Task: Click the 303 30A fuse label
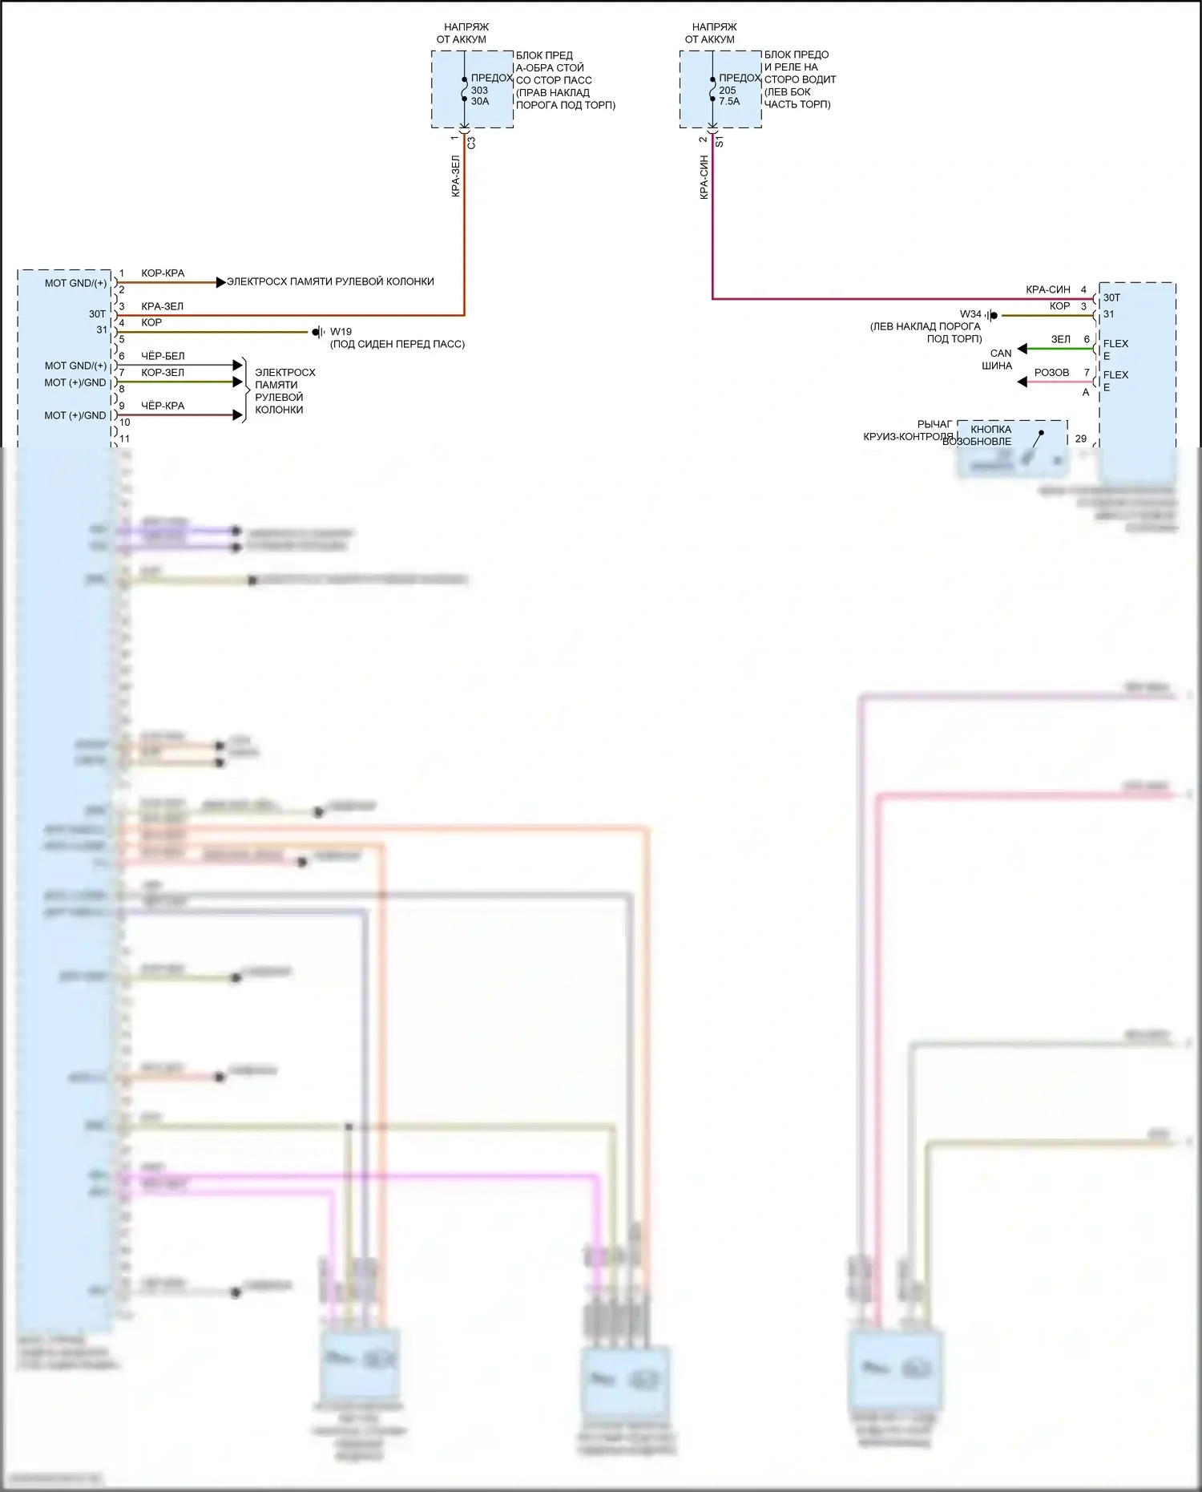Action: [479, 95]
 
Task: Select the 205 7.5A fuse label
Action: [729, 95]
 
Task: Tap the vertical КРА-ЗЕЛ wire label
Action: [455, 176]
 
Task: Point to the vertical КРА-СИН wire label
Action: [704, 177]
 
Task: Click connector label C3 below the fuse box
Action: [471, 143]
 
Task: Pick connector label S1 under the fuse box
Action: [720, 142]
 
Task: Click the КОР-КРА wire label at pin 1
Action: [163, 273]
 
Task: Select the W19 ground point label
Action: [341, 331]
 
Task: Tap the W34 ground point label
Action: [970, 314]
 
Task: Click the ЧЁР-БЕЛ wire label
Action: [163, 356]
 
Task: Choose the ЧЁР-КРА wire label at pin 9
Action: [163, 406]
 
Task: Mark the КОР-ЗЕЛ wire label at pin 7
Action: [163, 373]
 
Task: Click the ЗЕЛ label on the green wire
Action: [1060, 340]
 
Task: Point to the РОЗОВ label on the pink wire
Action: [1051, 373]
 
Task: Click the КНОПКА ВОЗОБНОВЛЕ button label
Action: [986, 435]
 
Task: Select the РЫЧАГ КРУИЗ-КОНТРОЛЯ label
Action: [914, 431]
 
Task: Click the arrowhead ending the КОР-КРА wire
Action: [221, 282]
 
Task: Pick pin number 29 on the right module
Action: [1081, 439]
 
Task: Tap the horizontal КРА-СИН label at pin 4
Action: [1047, 289]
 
